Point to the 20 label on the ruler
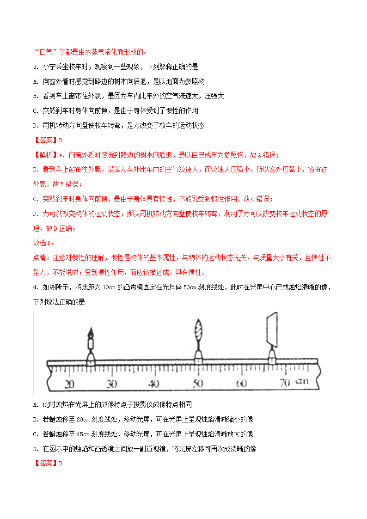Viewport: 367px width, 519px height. [x=70, y=384]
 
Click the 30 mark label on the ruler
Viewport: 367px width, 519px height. [x=111, y=384]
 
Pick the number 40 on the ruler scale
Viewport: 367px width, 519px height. [x=154, y=384]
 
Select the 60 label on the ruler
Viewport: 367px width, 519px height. [x=241, y=384]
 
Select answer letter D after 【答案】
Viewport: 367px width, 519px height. [x=60, y=140]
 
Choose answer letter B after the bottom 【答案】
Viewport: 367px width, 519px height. [x=60, y=463]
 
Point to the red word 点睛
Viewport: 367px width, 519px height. [x=41, y=258]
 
